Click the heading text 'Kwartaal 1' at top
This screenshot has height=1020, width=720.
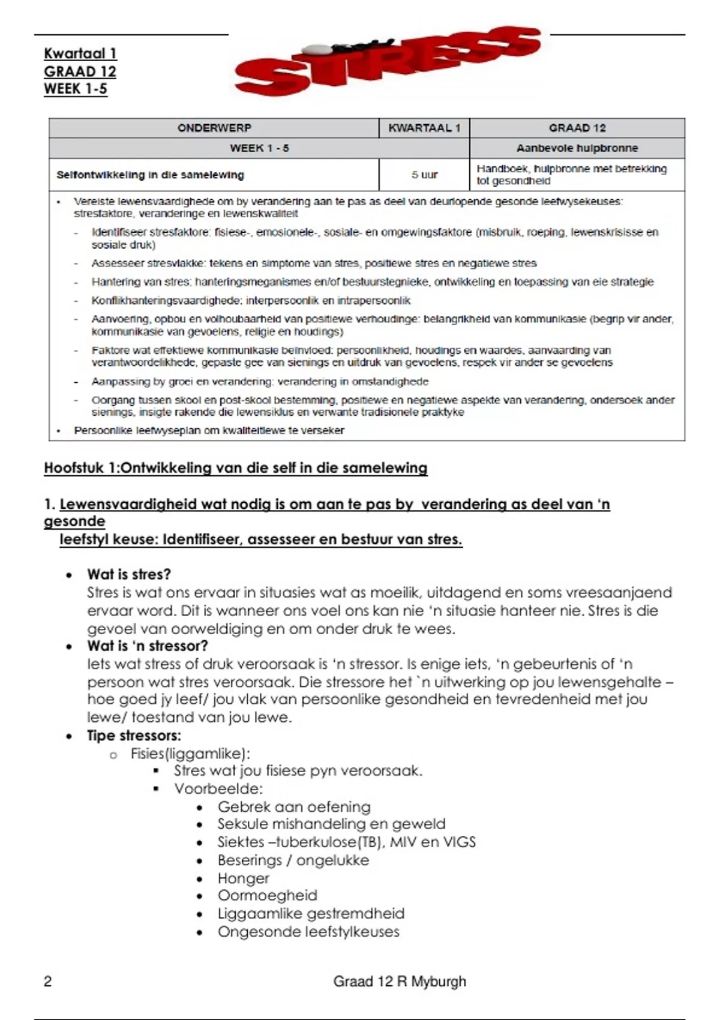pyautogui.click(x=80, y=53)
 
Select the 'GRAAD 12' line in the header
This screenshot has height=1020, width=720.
pyautogui.click(x=80, y=71)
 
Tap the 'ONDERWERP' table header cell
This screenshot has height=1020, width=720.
pyautogui.click(x=214, y=128)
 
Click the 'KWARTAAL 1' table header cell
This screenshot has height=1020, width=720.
pyautogui.click(x=424, y=128)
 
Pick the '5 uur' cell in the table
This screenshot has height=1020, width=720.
pyautogui.click(x=424, y=175)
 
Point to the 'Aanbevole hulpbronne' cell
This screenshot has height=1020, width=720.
pyautogui.click(x=577, y=148)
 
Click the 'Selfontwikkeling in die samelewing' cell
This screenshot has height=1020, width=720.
pyautogui.click(x=150, y=175)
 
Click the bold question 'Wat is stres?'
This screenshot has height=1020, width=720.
pyautogui.click(x=129, y=574)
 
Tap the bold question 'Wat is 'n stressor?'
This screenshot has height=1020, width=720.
pyautogui.click(x=147, y=646)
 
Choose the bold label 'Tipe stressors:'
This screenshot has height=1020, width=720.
pyautogui.click(x=134, y=736)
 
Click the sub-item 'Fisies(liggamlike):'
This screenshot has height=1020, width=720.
pyautogui.click(x=190, y=754)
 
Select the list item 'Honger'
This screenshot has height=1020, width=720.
pyautogui.click(x=243, y=878)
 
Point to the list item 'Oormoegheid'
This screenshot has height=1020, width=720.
pyautogui.click(x=267, y=896)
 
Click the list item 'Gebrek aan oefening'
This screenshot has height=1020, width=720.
pyautogui.click(x=294, y=807)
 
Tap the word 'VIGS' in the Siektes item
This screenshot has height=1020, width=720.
pyautogui.click(x=459, y=842)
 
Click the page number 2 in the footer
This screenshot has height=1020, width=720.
pyautogui.click(x=48, y=982)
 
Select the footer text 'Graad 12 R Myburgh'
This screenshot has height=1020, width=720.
pyautogui.click(x=399, y=982)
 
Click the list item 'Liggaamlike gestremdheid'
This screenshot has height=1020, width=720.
pyautogui.click(x=311, y=914)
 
